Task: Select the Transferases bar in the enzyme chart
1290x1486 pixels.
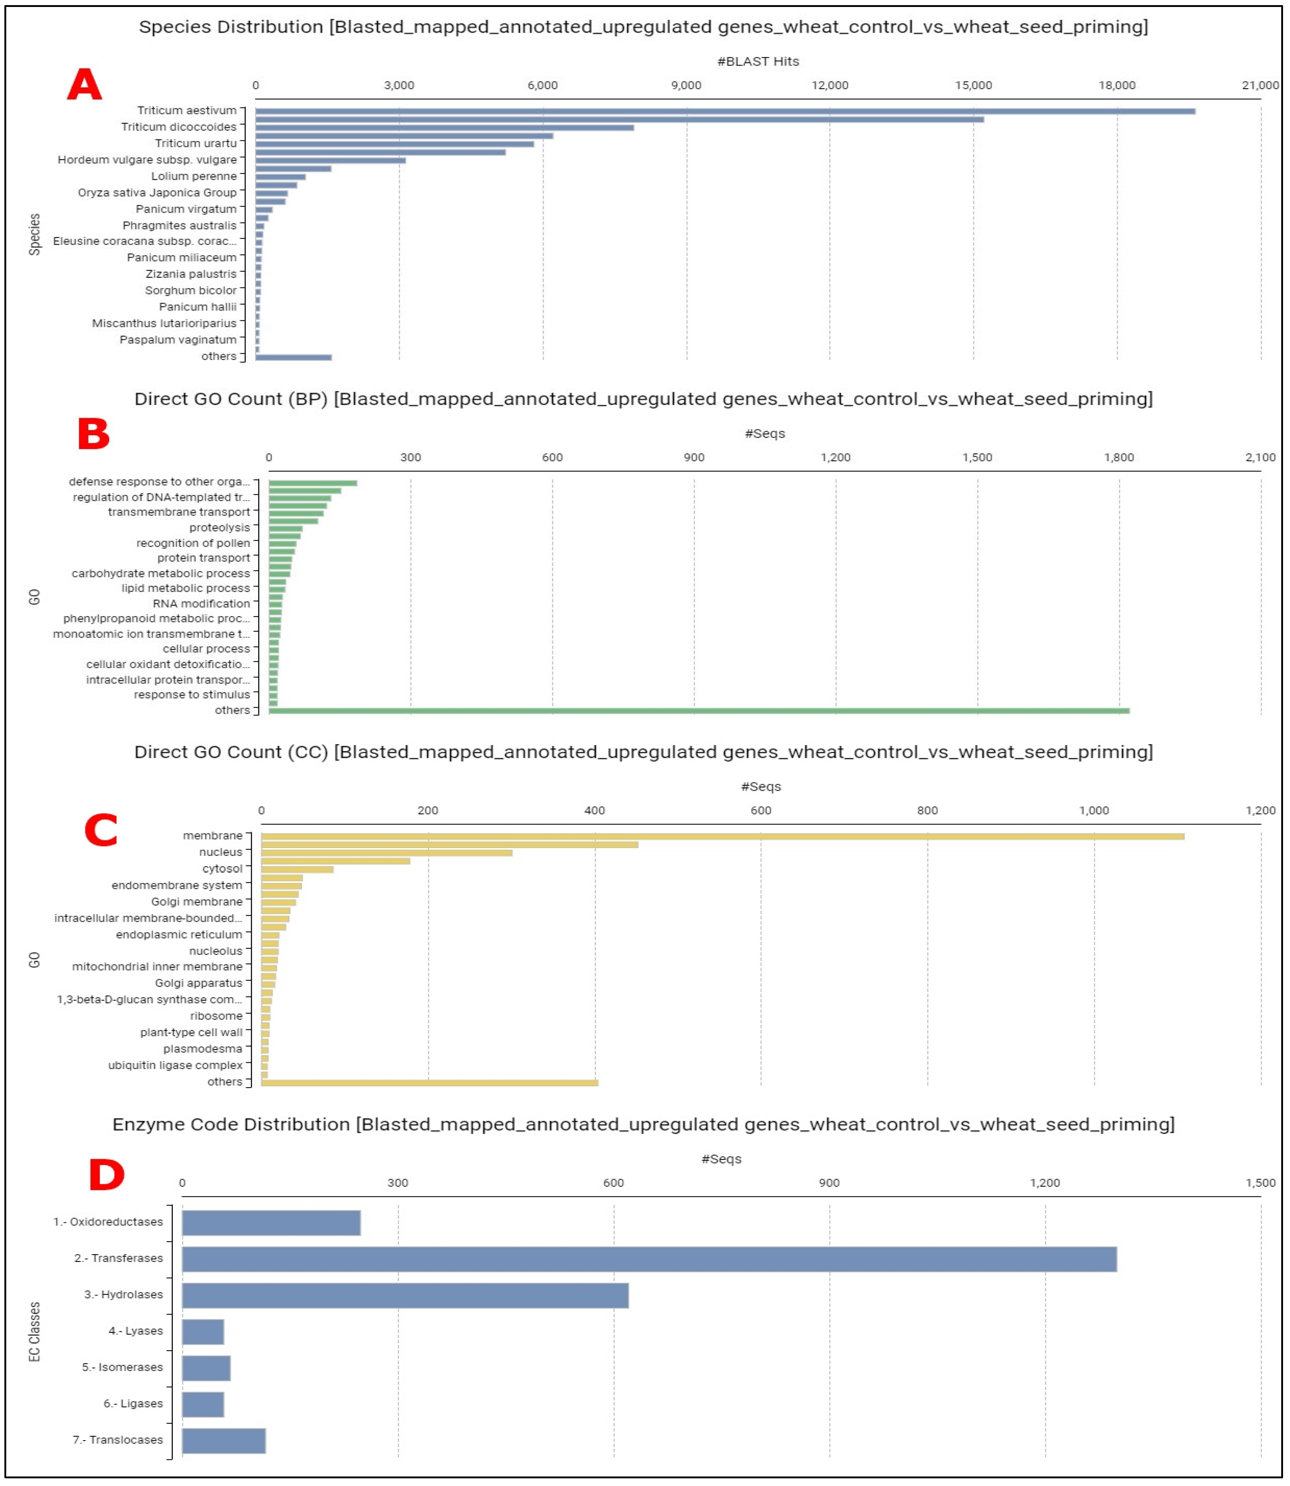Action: click(x=648, y=1259)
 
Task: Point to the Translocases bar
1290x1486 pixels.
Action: click(x=223, y=1441)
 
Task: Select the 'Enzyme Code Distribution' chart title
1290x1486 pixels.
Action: click(x=643, y=1125)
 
